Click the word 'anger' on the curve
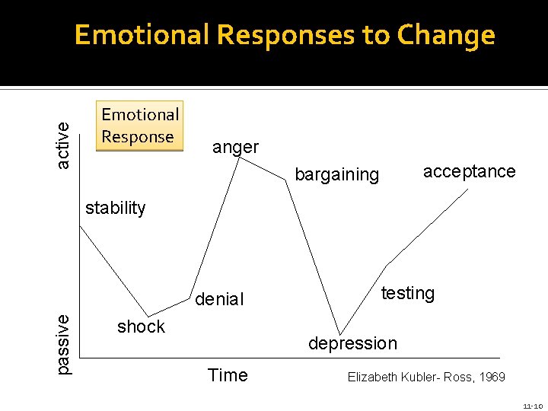click(x=235, y=147)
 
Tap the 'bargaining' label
click(x=336, y=174)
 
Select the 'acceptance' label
click(x=469, y=171)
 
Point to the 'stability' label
click(x=115, y=208)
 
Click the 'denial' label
click(x=219, y=299)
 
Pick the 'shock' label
click(x=141, y=327)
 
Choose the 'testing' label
click(x=407, y=293)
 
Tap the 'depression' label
click(x=352, y=343)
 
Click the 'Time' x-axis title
click(x=228, y=375)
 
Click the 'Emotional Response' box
click(x=140, y=126)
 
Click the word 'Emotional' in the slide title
click(x=141, y=35)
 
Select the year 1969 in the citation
click(x=489, y=377)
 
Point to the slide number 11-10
click(x=532, y=406)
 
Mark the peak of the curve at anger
click(x=240, y=158)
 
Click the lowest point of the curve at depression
click(x=339, y=334)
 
